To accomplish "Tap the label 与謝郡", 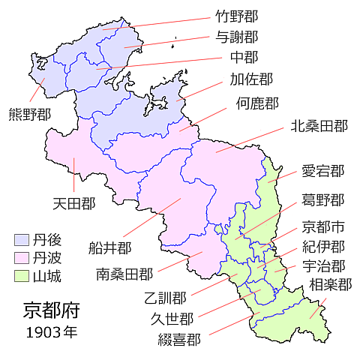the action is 236,36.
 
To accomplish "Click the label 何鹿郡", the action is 257,103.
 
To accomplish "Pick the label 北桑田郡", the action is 319,127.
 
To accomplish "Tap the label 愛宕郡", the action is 323,171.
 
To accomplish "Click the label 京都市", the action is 323,226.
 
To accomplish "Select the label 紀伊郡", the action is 323,246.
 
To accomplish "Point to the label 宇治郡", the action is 323,266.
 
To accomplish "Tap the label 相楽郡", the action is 330,285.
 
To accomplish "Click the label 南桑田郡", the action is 124,274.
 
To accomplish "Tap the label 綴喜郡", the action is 179,338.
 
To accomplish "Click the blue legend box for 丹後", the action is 22,241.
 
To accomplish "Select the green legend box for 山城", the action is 22,275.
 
